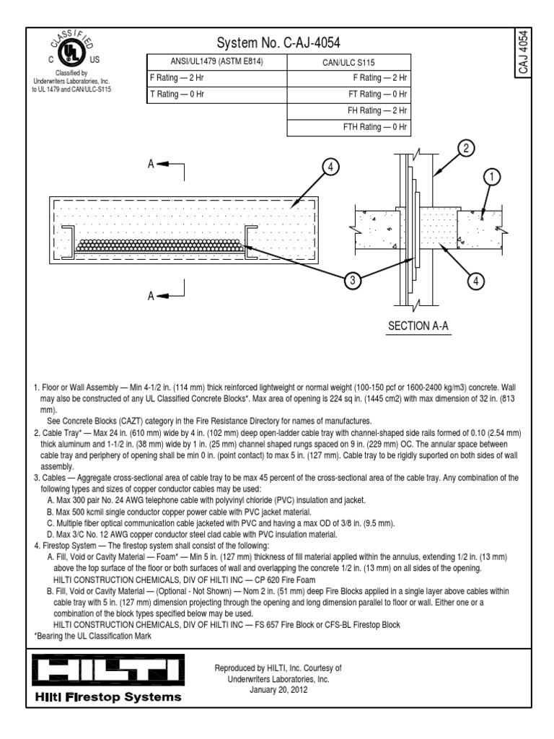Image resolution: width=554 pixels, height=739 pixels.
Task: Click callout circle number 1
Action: coord(492,176)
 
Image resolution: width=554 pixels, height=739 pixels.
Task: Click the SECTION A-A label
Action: coord(419,326)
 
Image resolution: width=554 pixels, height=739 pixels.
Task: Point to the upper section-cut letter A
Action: coord(152,165)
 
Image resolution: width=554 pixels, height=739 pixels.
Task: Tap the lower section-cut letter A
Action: coord(152,295)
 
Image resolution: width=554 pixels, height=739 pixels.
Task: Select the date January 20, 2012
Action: coord(278,688)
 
